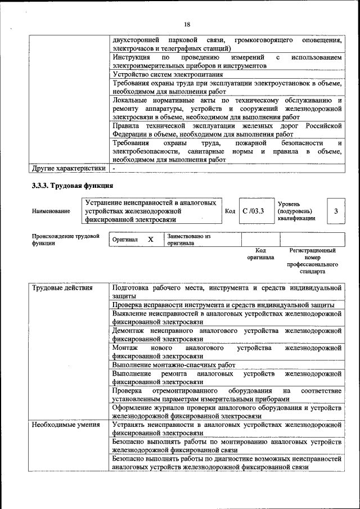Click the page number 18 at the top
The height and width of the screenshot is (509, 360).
click(x=187, y=24)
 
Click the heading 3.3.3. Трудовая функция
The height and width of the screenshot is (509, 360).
click(x=73, y=185)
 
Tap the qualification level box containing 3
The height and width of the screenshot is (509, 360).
click(x=335, y=211)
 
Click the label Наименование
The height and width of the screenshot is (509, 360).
click(x=51, y=211)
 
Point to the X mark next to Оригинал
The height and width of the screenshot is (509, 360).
click(x=150, y=240)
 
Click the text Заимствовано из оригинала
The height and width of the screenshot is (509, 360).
click(x=188, y=240)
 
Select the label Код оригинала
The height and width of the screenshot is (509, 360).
click(x=260, y=254)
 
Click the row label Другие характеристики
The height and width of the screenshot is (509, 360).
click(x=68, y=168)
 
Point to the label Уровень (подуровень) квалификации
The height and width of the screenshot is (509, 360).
click(x=296, y=211)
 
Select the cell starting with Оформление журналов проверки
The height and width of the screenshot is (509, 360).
click(x=226, y=411)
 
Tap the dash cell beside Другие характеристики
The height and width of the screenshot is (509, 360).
click(x=114, y=168)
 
